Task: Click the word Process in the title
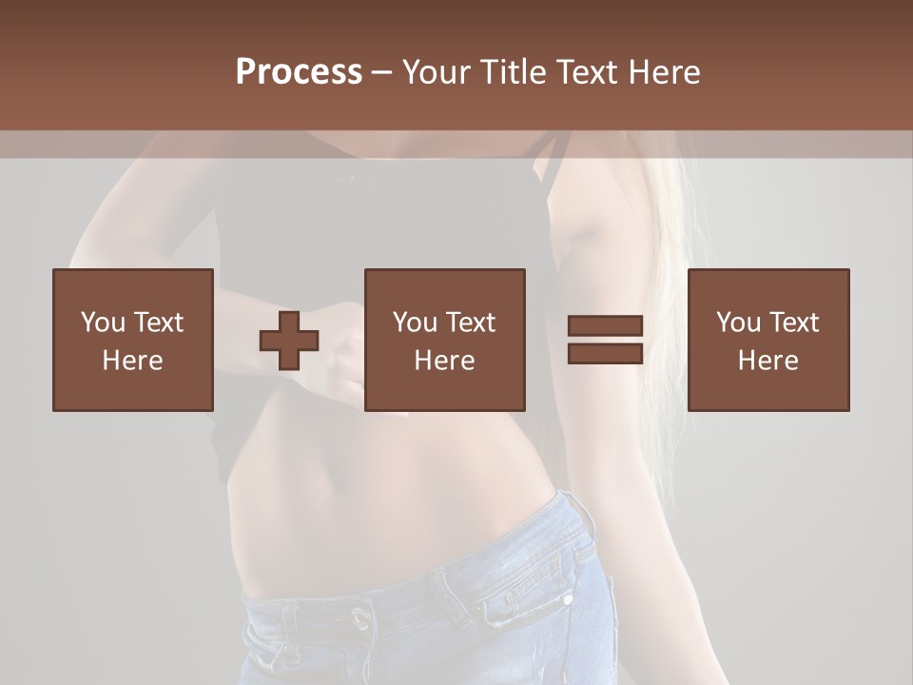(x=299, y=72)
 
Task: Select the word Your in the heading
(x=434, y=72)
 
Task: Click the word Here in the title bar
(x=663, y=72)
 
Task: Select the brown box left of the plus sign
(x=133, y=340)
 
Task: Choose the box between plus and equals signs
(x=444, y=340)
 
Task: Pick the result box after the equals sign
(x=767, y=340)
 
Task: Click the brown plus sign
(x=289, y=341)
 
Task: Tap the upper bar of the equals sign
(x=605, y=326)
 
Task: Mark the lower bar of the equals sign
(x=605, y=353)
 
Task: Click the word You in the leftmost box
(x=101, y=323)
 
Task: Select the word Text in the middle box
(x=470, y=323)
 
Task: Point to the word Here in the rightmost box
(x=767, y=360)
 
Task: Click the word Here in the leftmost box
(x=133, y=360)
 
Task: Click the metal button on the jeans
(x=360, y=619)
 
